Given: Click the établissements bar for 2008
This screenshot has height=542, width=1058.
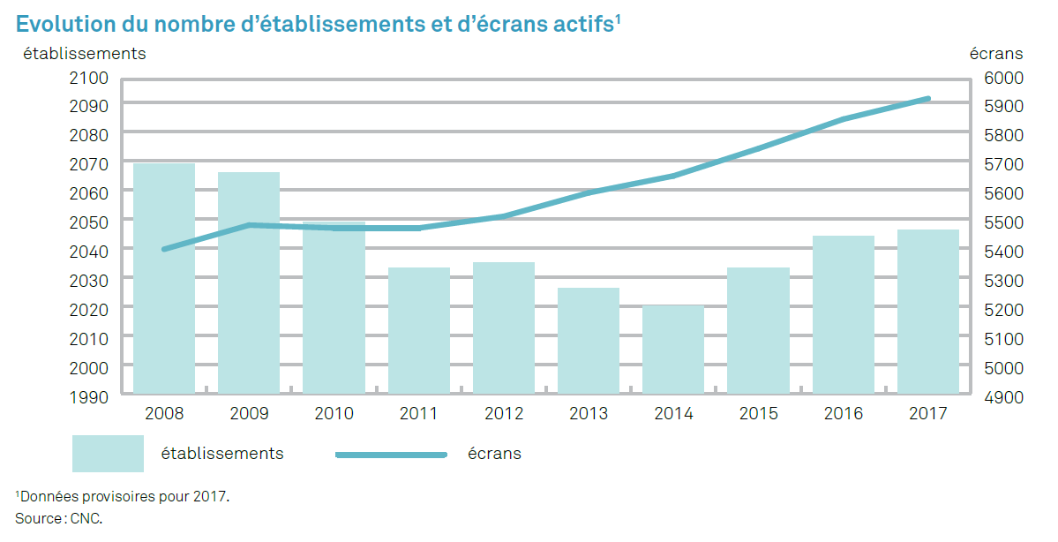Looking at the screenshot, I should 164,278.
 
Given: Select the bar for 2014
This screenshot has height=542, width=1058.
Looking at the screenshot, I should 673,349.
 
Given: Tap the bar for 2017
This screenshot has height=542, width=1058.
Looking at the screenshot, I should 928,311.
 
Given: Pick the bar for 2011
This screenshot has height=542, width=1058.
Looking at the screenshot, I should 419,330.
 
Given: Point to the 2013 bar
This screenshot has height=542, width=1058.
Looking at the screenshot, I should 589,340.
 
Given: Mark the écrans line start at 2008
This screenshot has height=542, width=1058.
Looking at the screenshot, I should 164,249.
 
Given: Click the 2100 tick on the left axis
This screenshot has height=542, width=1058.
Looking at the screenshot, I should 88,78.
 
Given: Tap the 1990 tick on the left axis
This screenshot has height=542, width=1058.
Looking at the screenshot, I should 88,396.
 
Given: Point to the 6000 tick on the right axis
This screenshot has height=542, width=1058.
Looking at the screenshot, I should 1002,78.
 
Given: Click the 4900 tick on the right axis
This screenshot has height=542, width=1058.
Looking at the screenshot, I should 1002,396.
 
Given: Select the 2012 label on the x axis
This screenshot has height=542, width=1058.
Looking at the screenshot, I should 504,413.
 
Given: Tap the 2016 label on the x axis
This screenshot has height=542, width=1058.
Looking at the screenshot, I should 844,413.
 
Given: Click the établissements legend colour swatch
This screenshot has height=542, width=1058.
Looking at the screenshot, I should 108,454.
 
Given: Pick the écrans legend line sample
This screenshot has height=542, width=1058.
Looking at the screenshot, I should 391,455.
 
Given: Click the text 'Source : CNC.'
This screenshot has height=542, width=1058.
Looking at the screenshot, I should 59,517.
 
